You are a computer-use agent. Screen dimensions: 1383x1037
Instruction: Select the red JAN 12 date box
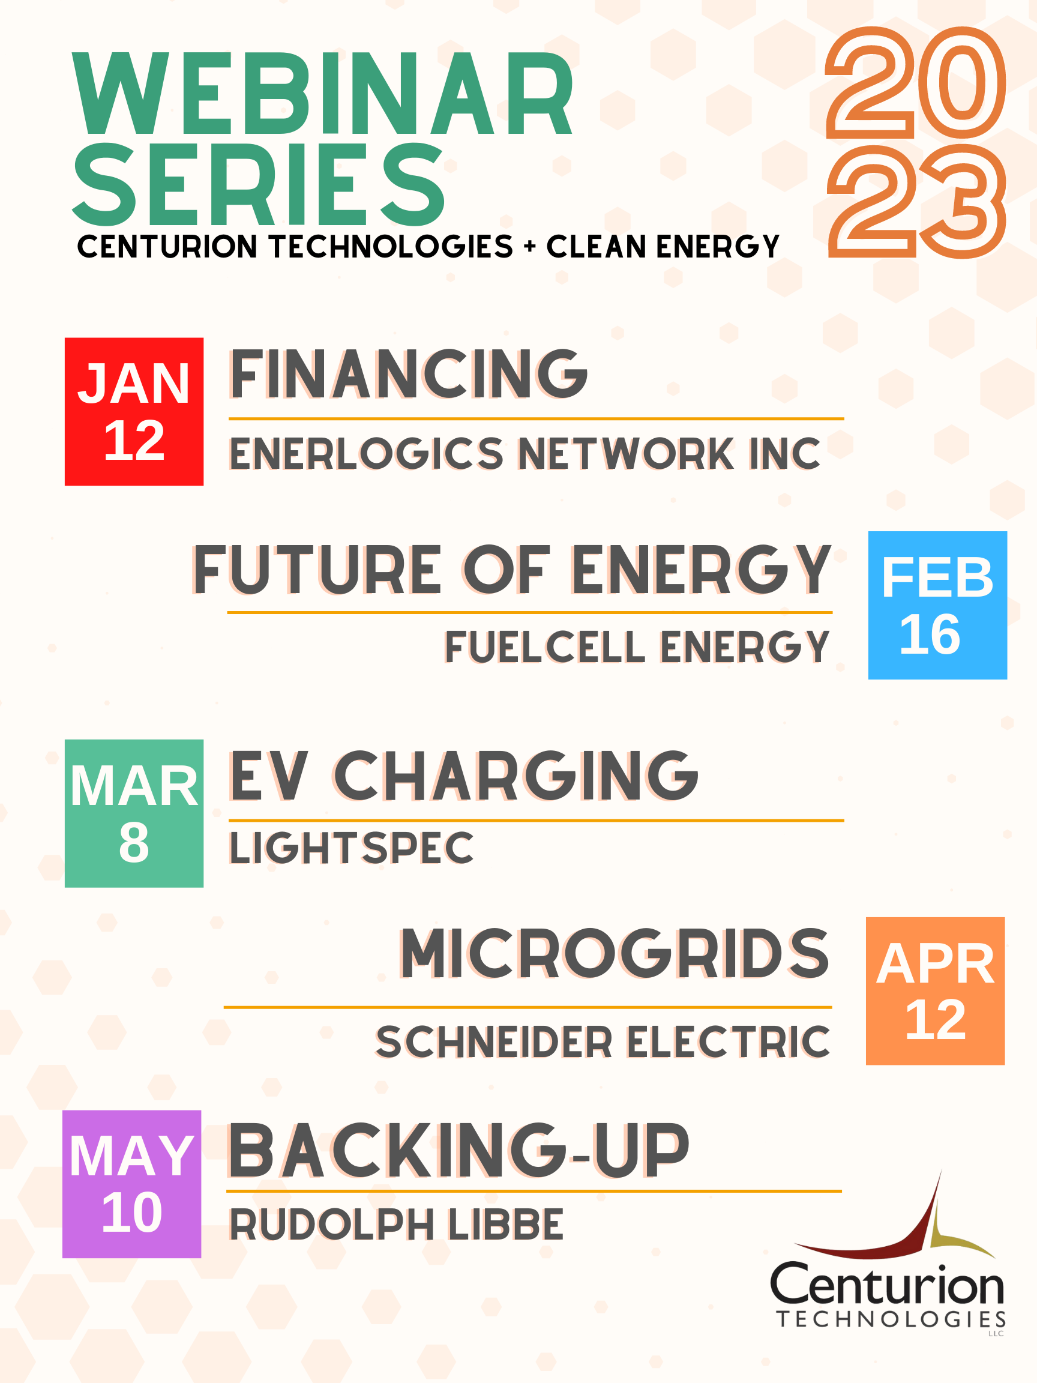134,412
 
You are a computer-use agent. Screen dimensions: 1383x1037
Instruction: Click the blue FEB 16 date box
937,605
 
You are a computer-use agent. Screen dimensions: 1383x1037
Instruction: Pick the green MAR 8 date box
134,813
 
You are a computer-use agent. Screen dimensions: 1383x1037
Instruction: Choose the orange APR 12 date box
934,991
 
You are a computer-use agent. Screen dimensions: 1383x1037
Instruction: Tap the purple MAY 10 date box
132,1184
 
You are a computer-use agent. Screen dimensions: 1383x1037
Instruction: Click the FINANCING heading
409,375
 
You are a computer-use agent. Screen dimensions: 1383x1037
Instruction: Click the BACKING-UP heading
458,1151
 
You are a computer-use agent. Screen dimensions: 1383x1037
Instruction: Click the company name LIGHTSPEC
351,848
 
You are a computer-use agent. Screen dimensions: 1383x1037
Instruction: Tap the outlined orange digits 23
916,202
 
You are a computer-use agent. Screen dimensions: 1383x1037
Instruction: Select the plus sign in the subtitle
530,247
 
